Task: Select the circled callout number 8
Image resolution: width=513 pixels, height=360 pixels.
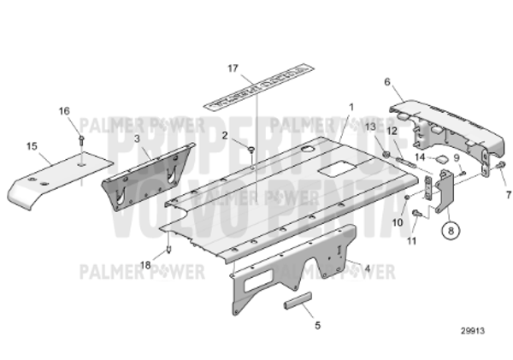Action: click(x=451, y=228)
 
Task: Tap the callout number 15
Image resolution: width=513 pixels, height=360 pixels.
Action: click(x=32, y=146)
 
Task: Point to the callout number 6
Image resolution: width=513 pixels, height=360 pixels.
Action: click(x=387, y=82)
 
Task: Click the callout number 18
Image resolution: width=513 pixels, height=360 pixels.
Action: click(x=145, y=265)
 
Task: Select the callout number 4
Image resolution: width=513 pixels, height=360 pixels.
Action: click(x=367, y=268)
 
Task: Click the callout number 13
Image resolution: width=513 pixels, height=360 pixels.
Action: click(x=371, y=127)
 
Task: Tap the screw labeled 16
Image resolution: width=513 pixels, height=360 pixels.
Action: click(x=80, y=139)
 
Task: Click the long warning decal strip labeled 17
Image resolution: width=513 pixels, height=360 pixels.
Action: click(x=256, y=93)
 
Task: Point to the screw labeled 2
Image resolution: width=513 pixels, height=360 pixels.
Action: click(x=252, y=150)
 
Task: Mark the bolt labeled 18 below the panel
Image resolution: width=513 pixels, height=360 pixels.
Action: click(x=170, y=250)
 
